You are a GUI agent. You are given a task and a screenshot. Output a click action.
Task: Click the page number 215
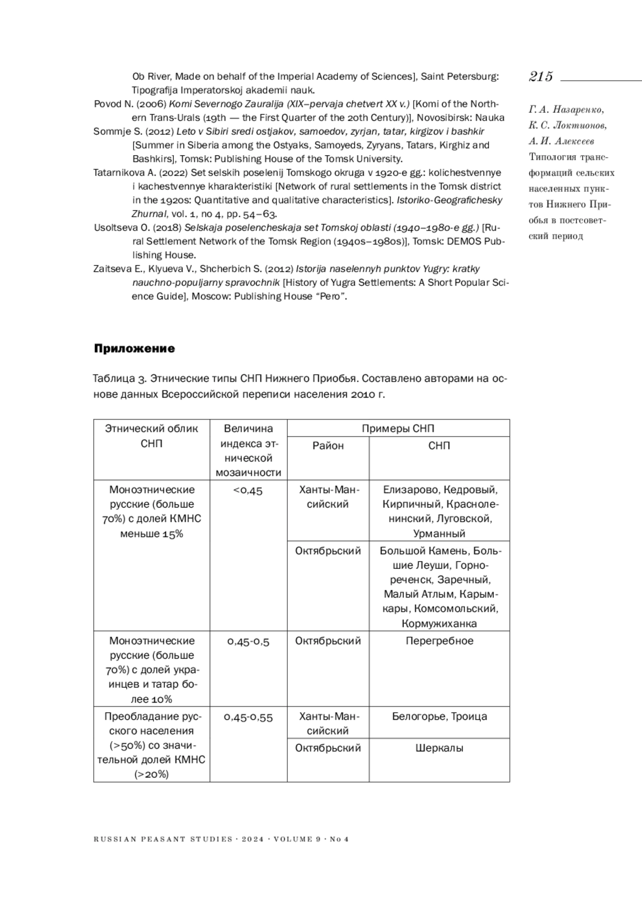pos(541,77)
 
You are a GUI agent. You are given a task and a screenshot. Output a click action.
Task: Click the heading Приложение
pos(134,348)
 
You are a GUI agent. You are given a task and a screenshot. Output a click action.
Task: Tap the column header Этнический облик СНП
pos(151,436)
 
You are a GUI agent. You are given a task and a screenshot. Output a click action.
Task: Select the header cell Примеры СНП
pos(398,428)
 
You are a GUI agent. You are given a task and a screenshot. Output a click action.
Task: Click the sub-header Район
pos(328,446)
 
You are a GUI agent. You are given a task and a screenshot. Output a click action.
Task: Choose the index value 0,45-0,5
pos(248,641)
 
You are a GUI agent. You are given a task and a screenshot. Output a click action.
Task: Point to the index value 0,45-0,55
pos(248,717)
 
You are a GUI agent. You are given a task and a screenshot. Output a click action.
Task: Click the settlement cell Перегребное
pos(439,641)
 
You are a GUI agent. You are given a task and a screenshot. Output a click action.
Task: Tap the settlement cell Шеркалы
pos(439,748)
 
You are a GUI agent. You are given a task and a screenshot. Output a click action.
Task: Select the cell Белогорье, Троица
pos(439,716)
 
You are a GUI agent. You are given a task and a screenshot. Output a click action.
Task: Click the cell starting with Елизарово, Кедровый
pos(439,511)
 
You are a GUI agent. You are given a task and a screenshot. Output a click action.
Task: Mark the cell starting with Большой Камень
pos(439,586)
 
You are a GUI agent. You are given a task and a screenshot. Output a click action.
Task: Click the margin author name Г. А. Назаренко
pos(566,110)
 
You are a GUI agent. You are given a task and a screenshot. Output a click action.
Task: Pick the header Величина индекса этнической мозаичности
pos(248,450)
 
